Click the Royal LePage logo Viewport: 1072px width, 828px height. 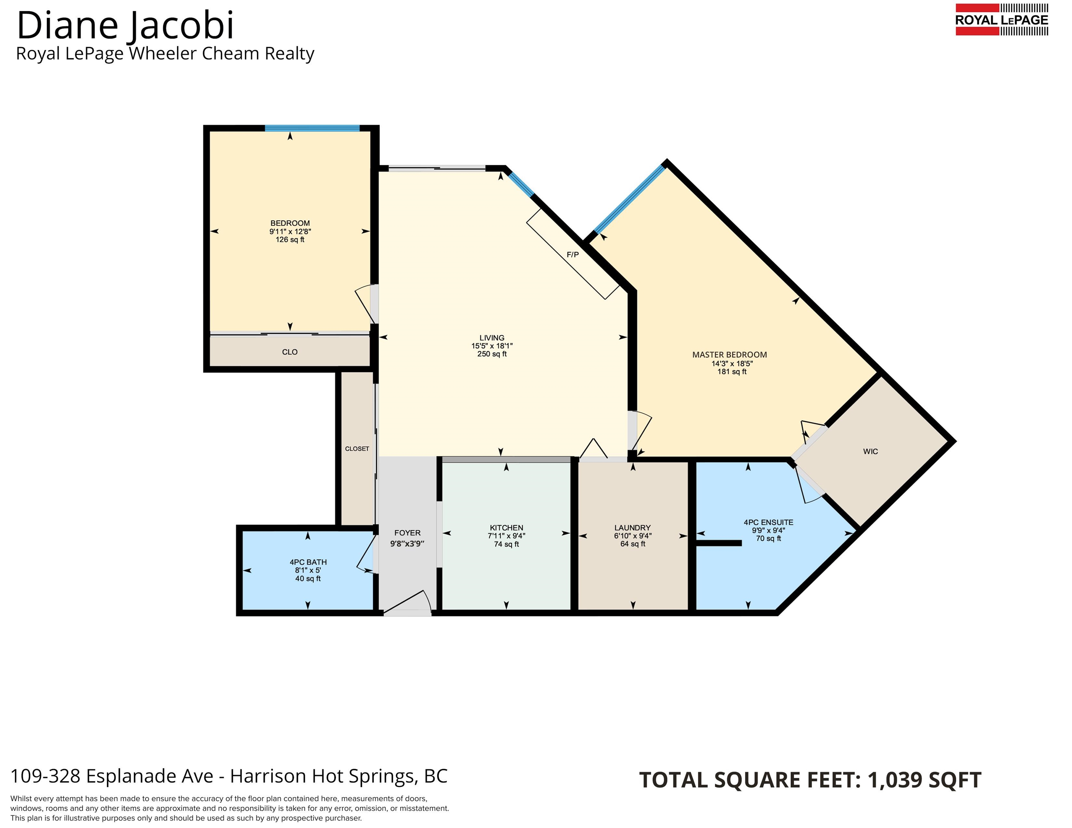pos(1001,20)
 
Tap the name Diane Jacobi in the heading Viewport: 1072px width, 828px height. pos(125,25)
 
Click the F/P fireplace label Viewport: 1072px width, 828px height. pos(573,254)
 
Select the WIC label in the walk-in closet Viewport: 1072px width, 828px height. pos(870,451)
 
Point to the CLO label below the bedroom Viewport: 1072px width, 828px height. pos(289,352)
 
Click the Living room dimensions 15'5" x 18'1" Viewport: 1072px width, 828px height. pos(492,346)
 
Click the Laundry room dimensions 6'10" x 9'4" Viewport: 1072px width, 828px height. pos(633,536)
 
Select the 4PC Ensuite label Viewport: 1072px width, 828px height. pos(768,523)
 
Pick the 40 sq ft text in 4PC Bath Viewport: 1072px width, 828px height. pos(308,579)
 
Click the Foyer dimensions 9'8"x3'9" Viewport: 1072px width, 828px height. pos(407,543)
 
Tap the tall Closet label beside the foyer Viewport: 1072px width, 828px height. pos(357,449)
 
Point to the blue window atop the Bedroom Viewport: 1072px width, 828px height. pos(312,129)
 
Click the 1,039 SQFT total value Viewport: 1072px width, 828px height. pos(924,780)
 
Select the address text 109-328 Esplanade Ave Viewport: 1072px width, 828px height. pos(112,776)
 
